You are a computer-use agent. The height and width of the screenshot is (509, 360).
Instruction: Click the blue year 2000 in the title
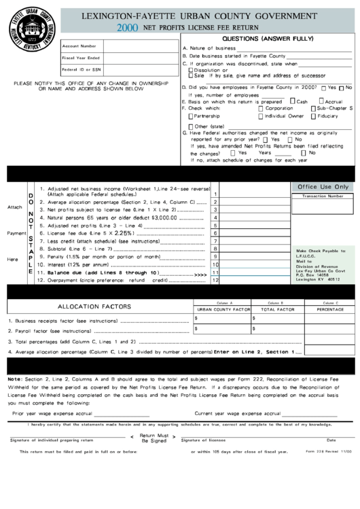(127, 29)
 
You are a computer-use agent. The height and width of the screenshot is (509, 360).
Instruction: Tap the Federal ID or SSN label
(81, 69)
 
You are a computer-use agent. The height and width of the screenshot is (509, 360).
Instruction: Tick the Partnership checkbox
(190, 116)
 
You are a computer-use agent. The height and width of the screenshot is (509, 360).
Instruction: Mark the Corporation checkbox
(261, 108)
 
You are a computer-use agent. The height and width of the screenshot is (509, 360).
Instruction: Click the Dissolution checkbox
(190, 69)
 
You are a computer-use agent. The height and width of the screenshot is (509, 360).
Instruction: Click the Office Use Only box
(323, 186)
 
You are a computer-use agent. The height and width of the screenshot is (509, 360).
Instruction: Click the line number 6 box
(215, 232)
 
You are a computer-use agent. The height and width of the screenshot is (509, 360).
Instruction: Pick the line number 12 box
(215, 279)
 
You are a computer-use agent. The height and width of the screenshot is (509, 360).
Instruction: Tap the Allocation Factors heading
(94, 306)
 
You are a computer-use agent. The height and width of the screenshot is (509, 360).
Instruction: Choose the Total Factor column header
(277, 309)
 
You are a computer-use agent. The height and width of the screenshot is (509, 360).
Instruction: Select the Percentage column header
(330, 309)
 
